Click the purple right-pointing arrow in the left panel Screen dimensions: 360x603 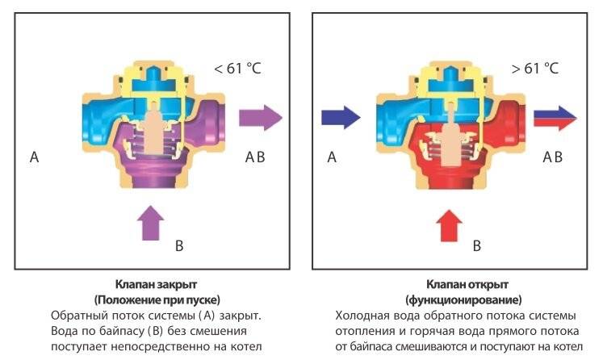pos(262,118)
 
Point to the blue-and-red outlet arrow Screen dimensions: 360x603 pos(554,119)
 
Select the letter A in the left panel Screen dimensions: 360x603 pos(34,157)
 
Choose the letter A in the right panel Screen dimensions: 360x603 pos(332,157)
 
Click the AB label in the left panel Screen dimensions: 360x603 pos(254,157)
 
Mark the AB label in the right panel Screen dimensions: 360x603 pos(552,157)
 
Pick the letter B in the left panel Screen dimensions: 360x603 pos(179,244)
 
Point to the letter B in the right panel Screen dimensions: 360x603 pos(476,244)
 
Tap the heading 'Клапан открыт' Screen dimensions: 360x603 pos(457,285)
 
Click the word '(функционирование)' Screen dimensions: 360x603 pos(457,299)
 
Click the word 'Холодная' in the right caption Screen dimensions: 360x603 pos(363,315)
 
